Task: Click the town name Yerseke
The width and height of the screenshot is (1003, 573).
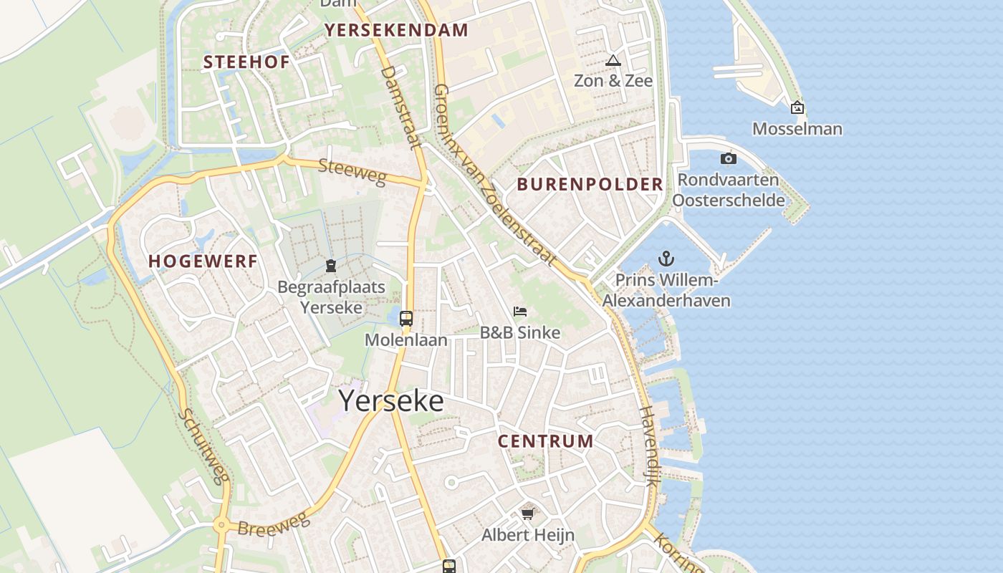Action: click(390, 401)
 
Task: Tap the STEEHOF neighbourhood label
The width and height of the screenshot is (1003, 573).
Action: click(246, 62)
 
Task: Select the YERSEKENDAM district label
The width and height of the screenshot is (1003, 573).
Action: click(396, 30)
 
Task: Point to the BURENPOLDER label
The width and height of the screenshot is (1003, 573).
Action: click(590, 184)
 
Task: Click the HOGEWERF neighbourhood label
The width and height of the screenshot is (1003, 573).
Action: click(203, 261)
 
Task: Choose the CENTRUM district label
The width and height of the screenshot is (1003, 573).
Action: click(545, 441)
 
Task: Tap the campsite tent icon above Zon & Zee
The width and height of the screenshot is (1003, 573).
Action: click(613, 61)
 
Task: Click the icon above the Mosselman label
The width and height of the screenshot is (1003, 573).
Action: click(797, 108)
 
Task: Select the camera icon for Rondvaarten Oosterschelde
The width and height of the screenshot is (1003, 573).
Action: click(729, 158)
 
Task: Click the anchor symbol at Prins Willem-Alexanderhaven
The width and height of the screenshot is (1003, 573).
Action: click(666, 259)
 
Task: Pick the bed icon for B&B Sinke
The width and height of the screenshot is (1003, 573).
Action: click(520, 312)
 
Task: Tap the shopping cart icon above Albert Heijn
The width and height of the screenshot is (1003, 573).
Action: click(528, 513)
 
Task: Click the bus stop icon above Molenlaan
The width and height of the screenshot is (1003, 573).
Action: click(406, 319)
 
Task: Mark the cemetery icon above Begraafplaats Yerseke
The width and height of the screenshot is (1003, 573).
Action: click(331, 266)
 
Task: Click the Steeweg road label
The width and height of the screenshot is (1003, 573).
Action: click(352, 172)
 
